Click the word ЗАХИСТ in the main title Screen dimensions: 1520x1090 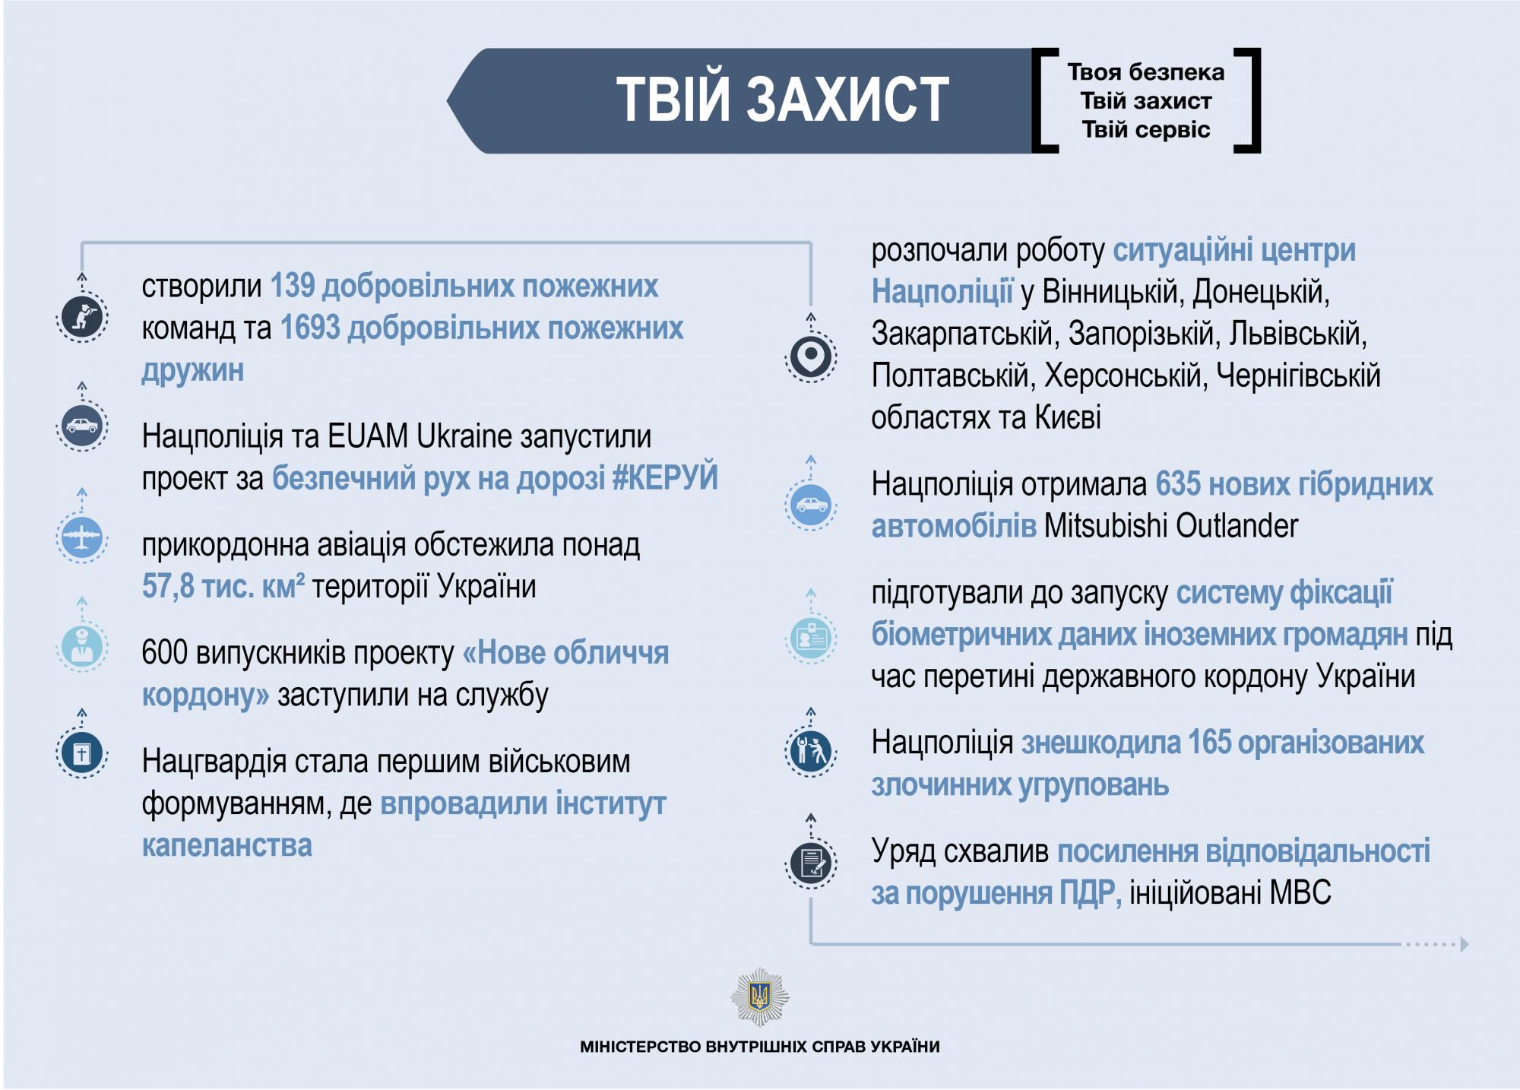click(847, 99)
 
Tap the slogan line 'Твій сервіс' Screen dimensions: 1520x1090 click(1146, 130)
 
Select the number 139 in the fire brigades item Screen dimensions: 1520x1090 click(293, 286)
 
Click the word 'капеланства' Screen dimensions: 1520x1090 click(227, 845)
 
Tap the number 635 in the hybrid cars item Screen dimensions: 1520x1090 click(1179, 484)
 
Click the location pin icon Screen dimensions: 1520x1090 click(811, 356)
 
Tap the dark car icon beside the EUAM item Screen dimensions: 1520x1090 click(82, 426)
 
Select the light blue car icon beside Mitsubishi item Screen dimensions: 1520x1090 click(811, 505)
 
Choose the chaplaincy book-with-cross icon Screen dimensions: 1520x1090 click(82, 753)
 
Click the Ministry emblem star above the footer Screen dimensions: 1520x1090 click(760, 997)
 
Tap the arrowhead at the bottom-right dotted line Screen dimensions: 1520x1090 click(1465, 944)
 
